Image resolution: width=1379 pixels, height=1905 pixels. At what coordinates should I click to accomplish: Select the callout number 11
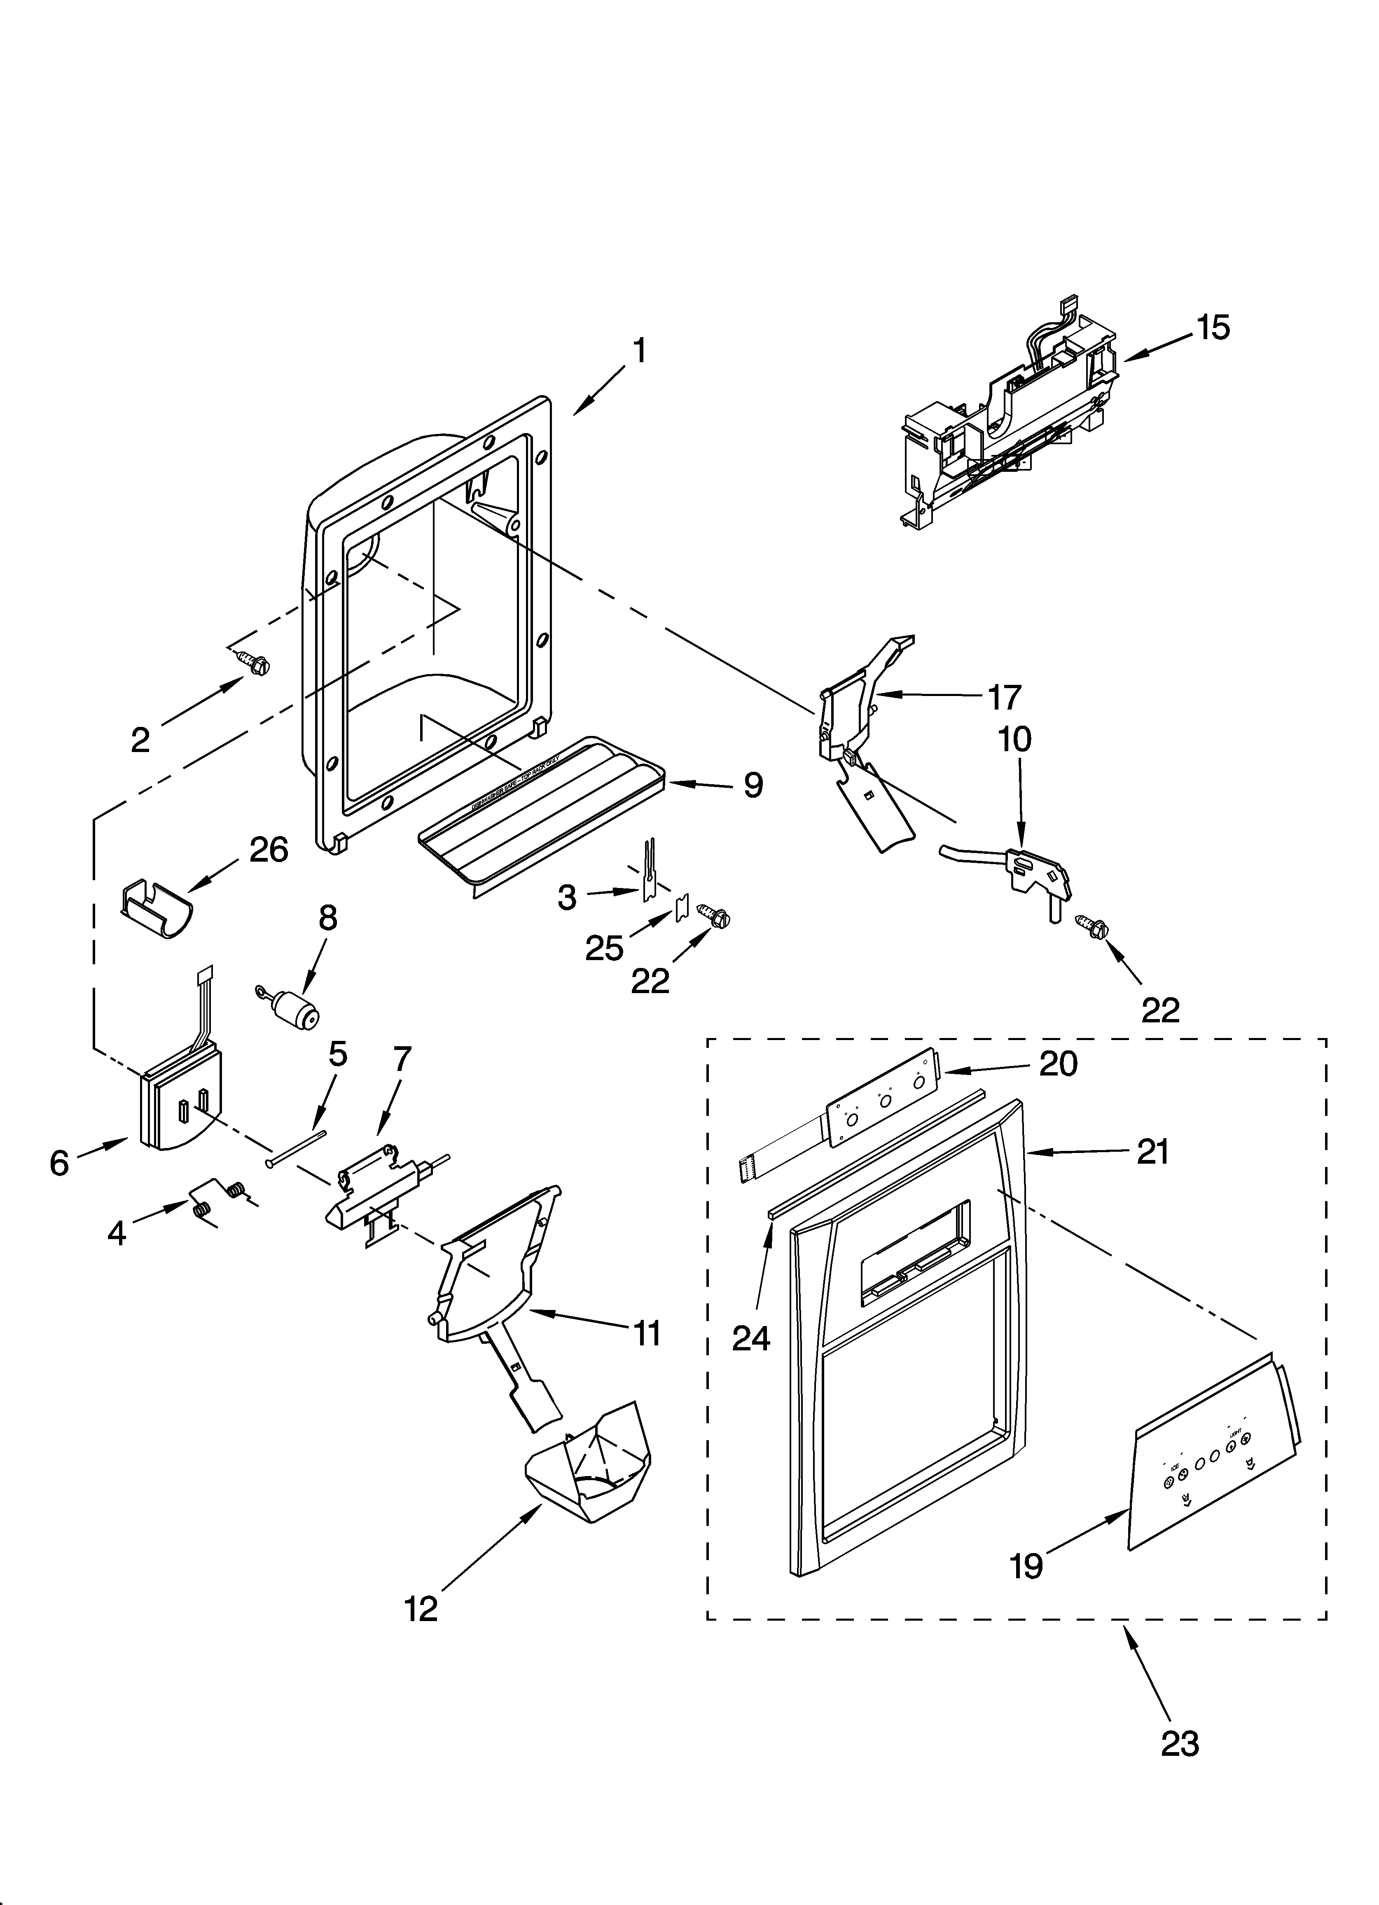pyautogui.click(x=647, y=1333)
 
